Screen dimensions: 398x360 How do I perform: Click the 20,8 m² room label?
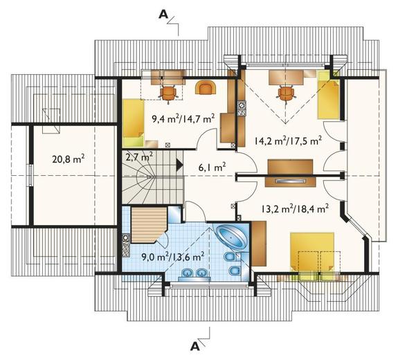click(69, 159)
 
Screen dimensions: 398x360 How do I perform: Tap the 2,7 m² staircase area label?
click(139, 156)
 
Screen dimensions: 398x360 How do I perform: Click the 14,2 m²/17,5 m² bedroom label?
click(289, 141)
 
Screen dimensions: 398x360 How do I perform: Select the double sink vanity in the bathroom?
click(195, 274)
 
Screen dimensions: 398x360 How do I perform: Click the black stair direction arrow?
click(180, 165)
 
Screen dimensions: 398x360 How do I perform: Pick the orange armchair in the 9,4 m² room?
click(206, 88)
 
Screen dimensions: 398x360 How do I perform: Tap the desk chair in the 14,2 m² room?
click(287, 94)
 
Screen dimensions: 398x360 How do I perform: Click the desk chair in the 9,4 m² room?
click(168, 93)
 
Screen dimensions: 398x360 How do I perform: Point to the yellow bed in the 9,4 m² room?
click(134, 123)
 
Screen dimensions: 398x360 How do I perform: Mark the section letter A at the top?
click(164, 15)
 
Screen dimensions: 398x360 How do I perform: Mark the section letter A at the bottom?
click(195, 345)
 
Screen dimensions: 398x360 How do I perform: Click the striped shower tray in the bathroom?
click(148, 225)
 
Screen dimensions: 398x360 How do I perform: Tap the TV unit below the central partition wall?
click(290, 181)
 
